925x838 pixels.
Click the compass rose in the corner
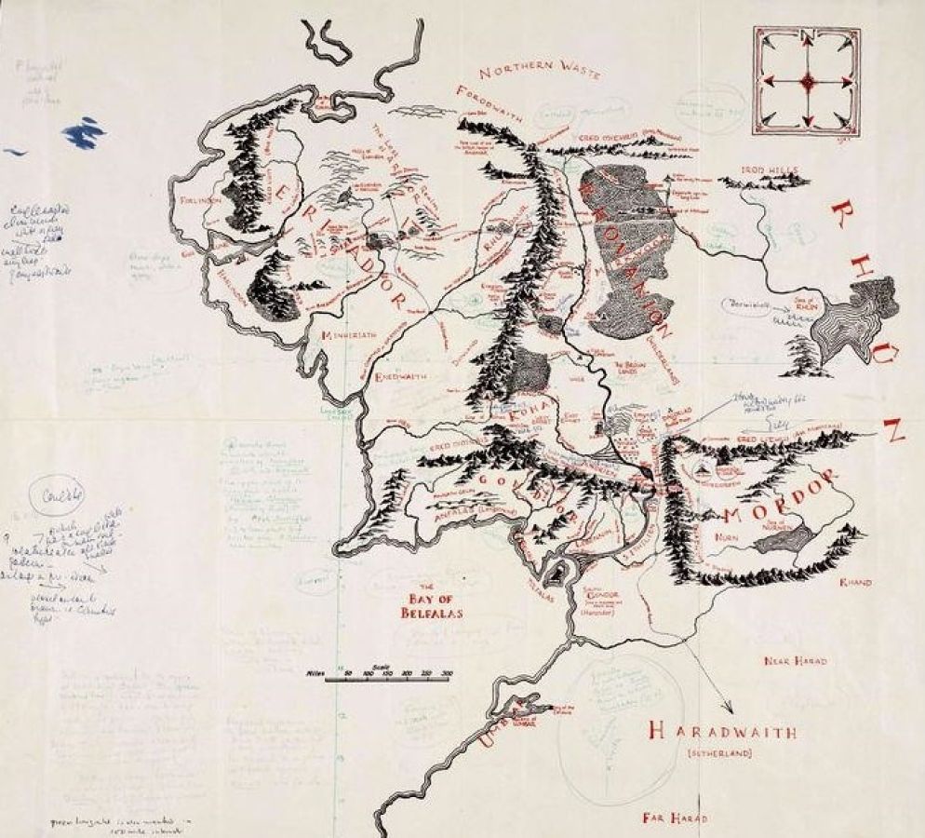(x=807, y=80)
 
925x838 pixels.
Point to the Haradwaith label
(x=722, y=732)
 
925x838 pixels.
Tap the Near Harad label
(x=794, y=661)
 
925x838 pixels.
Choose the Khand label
(x=854, y=582)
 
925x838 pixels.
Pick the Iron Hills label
(x=771, y=170)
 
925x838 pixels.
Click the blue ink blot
(x=83, y=131)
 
